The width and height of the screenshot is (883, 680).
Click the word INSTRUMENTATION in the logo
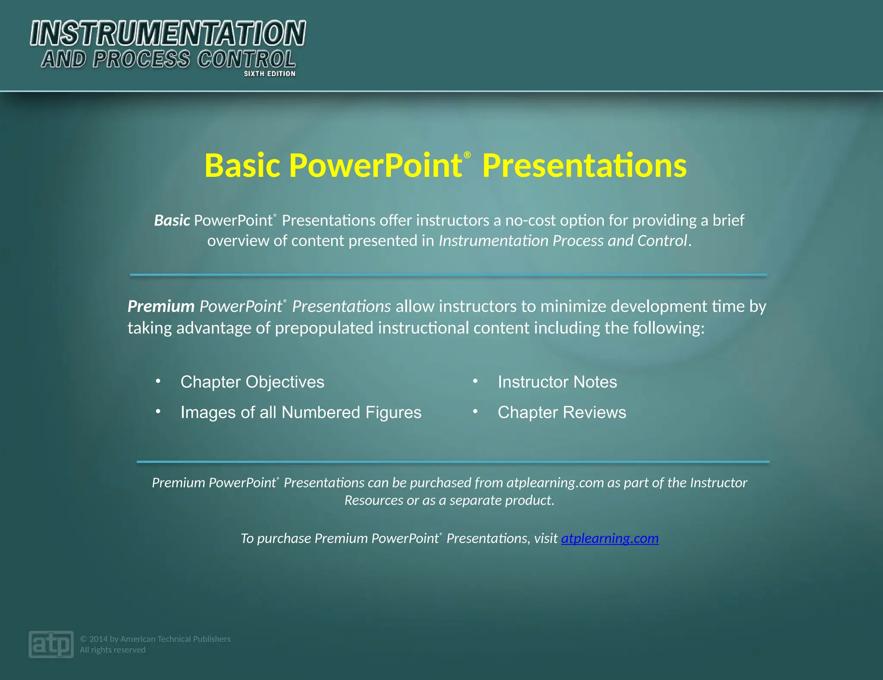point(168,34)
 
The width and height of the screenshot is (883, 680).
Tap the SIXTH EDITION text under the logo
point(269,74)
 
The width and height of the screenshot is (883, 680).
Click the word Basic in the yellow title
point(242,166)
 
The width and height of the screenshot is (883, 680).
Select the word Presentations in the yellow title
point(584,166)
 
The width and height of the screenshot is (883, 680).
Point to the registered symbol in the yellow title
point(467,155)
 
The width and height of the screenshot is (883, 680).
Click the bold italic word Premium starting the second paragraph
point(161,307)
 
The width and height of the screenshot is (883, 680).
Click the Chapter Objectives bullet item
point(252,382)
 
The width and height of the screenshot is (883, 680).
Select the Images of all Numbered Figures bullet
point(301,413)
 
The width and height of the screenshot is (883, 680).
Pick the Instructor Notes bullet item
point(557,382)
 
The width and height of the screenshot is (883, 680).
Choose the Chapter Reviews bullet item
point(561,413)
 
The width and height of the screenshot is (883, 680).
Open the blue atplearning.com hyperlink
point(609,539)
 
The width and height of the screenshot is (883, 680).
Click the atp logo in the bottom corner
point(51,644)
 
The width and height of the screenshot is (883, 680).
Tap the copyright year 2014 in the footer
point(98,639)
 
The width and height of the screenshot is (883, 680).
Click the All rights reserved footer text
point(113,650)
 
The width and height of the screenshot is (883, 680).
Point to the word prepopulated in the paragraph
point(324,328)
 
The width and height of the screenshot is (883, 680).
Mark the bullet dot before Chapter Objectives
point(158,381)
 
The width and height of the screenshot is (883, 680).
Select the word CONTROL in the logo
point(246,59)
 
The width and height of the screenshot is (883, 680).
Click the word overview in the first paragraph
point(238,241)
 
